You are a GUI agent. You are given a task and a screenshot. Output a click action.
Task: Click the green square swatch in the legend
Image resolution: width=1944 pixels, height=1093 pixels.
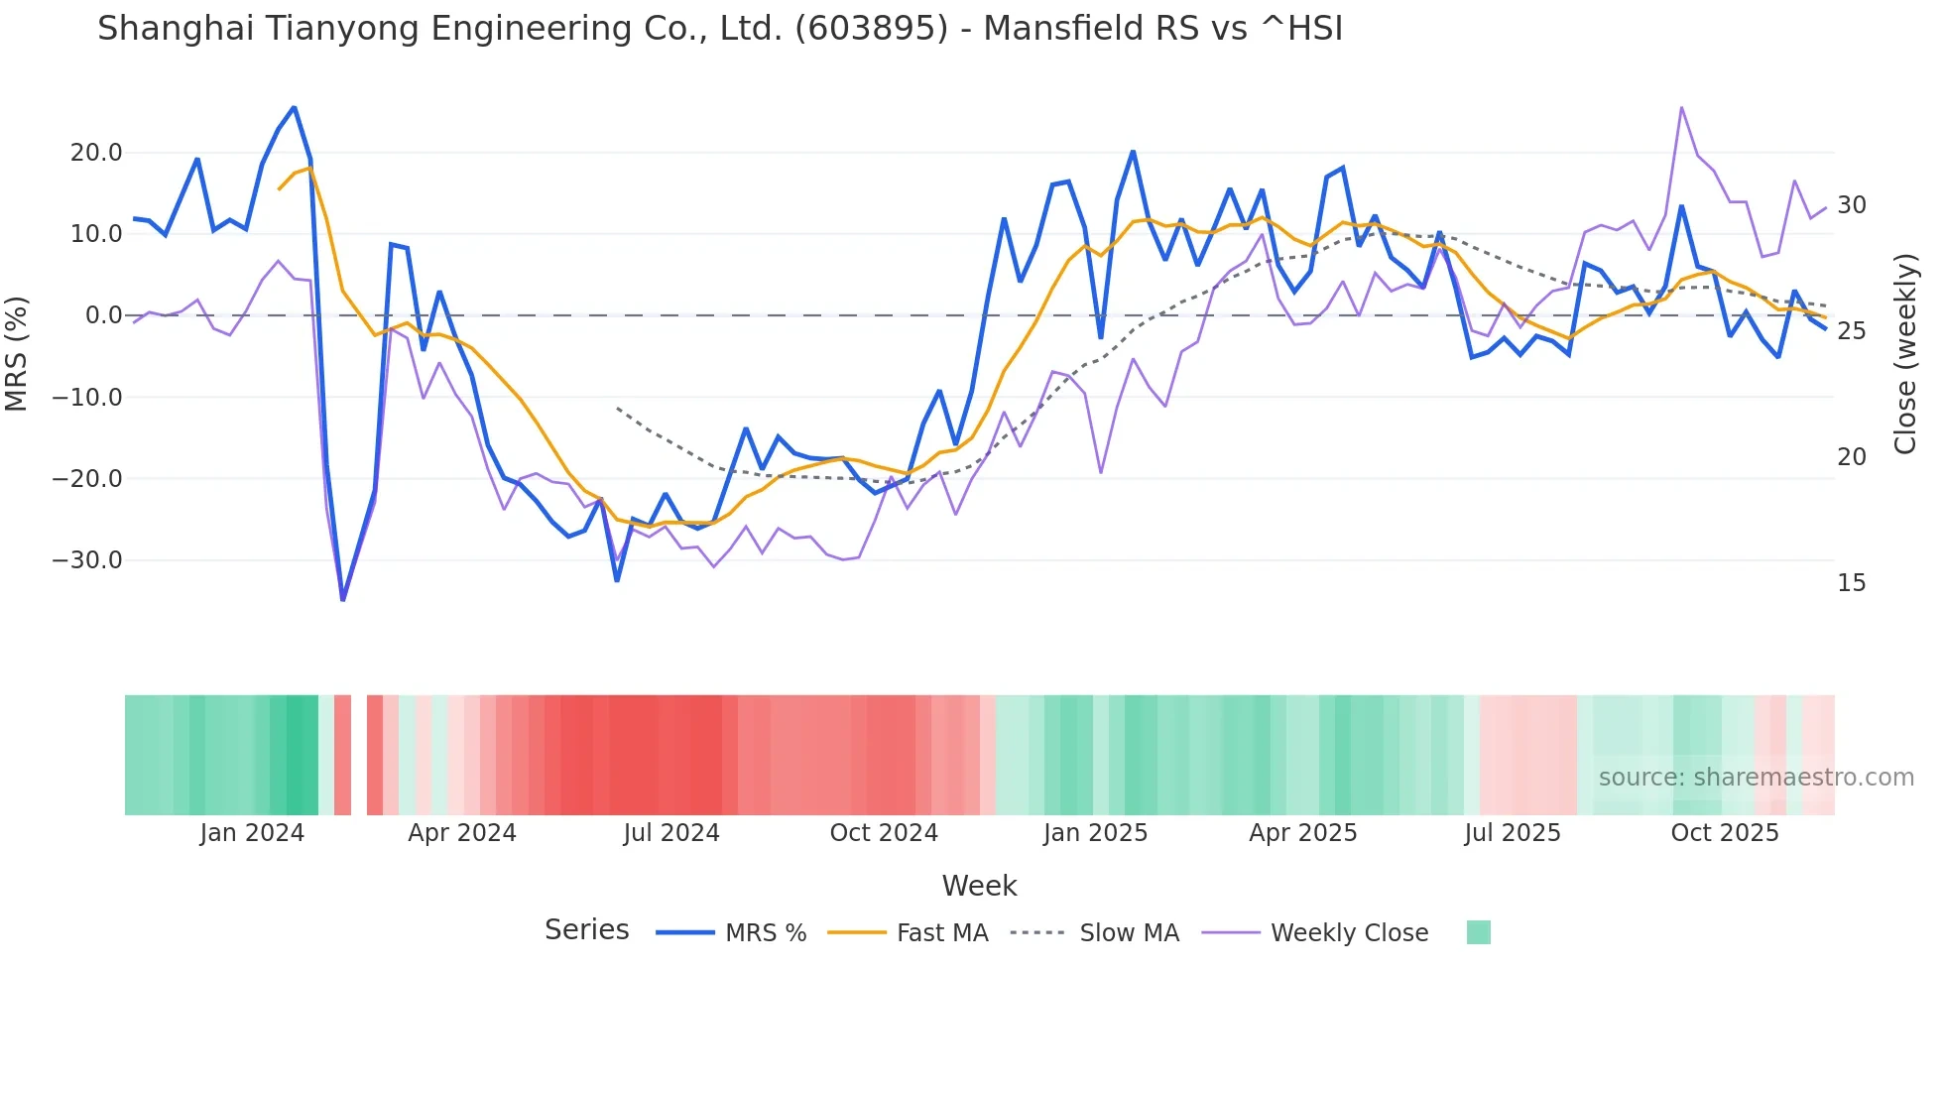pos(1478,932)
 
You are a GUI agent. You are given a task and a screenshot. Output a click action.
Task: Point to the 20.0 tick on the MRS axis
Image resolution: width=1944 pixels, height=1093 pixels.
pos(96,153)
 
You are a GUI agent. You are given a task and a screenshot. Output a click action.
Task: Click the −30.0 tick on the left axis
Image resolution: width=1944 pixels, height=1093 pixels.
pos(87,560)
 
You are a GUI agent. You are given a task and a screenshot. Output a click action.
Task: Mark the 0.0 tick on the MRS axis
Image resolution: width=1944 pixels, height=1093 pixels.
pos(103,315)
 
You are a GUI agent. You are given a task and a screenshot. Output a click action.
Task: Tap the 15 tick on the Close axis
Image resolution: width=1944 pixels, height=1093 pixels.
pos(1851,583)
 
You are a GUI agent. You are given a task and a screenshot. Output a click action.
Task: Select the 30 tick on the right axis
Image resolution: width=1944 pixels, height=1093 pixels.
pos(1851,205)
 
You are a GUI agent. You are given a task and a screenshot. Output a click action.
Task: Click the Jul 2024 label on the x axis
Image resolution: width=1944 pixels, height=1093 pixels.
pos(671,833)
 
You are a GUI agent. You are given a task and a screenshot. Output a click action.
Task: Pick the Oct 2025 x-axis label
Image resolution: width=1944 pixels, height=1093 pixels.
pos(1725,833)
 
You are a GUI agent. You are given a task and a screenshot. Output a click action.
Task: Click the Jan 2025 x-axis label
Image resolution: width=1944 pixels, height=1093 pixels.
pos(1095,833)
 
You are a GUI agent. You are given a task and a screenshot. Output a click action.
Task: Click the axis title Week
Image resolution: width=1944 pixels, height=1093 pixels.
pos(979,886)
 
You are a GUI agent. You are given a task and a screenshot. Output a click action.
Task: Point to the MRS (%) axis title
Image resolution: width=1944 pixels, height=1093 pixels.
pos(17,353)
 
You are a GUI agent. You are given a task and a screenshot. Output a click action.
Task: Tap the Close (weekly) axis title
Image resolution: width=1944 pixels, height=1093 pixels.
pos(1905,353)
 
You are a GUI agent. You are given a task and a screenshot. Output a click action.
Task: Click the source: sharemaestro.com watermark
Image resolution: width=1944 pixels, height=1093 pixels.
pos(1756,778)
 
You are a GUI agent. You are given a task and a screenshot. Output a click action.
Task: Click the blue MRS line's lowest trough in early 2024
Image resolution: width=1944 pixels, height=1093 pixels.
pos(343,599)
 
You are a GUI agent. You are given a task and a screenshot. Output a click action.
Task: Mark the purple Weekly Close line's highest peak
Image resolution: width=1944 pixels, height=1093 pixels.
pos(1681,107)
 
